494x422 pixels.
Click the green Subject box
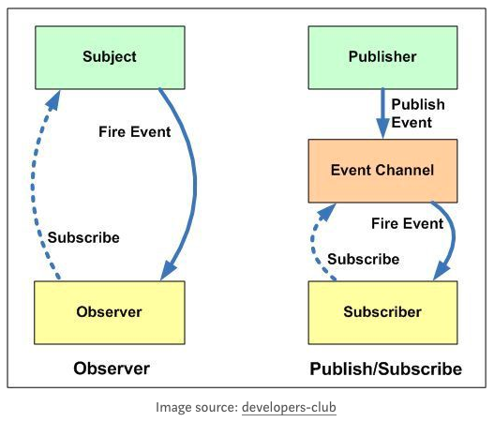(x=110, y=57)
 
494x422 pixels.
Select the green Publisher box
(x=382, y=57)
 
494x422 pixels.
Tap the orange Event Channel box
(x=382, y=171)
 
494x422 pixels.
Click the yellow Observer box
(x=110, y=312)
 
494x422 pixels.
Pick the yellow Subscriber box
(x=382, y=312)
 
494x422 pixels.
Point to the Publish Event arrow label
(x=418, y=113)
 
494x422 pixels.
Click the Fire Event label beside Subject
(x=135, y=131)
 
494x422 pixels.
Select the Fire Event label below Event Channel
(x=407, y=224)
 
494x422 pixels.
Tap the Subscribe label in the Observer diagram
(x=83, y=237)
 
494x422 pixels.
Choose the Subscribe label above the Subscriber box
(x=364, y=259)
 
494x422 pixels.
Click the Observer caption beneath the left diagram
(x=112, y=369)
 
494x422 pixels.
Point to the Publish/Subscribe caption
(x=386, y=369)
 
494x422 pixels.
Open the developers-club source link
(x=289, y=407)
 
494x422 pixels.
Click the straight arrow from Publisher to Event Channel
(x=382, y=113)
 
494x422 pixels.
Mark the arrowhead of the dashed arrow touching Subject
(x=53, y=99)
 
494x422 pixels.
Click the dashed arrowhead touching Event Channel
(x=328, y=212)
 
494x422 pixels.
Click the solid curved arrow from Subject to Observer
(x=195, y=183)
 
